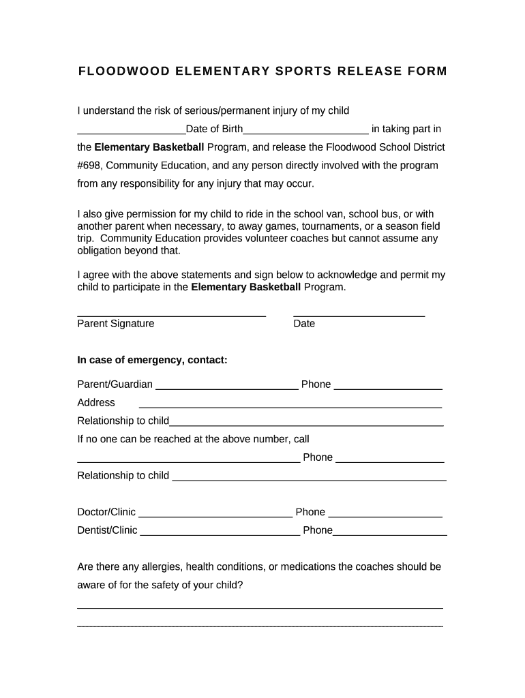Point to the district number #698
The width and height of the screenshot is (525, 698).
tap(90, 166)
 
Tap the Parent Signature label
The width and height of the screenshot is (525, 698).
tap(116, 324)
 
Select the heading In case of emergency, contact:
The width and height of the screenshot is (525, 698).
tap(152, 360)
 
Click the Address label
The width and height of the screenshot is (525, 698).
tap(96, 403)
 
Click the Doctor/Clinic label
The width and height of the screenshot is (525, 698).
tap(106, 512)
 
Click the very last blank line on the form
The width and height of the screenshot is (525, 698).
tap(260, 626)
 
